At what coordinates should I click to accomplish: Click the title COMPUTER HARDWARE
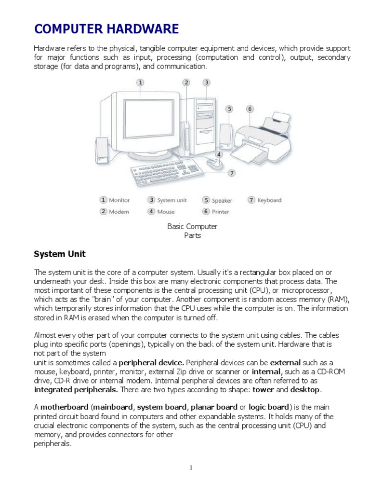point(106,29)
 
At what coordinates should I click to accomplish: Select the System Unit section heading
point(60,253)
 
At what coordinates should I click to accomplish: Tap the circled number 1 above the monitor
point(140,82)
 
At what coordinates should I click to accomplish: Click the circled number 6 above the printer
point(250,109)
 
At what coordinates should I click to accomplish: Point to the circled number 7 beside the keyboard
point(232,173)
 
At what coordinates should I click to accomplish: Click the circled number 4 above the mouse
point(219,155)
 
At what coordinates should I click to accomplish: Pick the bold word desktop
point(305,389)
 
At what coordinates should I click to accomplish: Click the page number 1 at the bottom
point(191,468)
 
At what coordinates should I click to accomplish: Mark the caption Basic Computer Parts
point(192,231)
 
